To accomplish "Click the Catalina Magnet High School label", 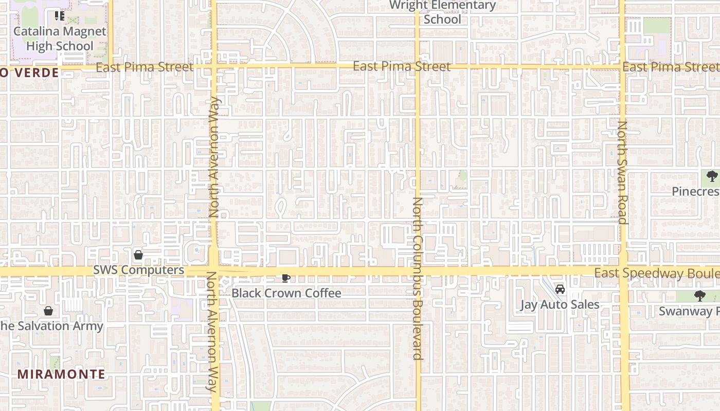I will pyautogui.click(x=59, y=39).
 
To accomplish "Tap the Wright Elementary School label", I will pyautogui.click(x=442, y=12).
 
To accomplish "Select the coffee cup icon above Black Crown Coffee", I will pyautogui.click(x=286, y=278).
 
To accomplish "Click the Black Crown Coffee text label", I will pyautogui.click(x=286, y=293).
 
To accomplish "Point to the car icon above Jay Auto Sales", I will pyautogui.click(x=560, y=290).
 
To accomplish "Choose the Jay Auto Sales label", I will pyautogui.click(x=560, y=304).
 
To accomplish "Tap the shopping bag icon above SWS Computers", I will pyautogui.click(x=138, y=255).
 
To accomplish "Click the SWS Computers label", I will pyautogui.click(x=138, y=270).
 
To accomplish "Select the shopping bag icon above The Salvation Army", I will pyautogui.click(x=48, y=311).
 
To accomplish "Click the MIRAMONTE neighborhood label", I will pyautogui.click(x=61, y=374).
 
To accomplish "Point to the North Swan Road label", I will pyautogui.click(x=622, y=172).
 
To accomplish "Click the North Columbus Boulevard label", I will pyautogui.click(x=417, y=278).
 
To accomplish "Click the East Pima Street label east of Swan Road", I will pyautogui.click(x=670, y=67).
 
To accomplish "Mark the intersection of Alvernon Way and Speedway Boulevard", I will pyautogui.click(x=214, y=271).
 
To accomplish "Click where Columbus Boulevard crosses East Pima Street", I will pyautogui.click(x=417, y=66).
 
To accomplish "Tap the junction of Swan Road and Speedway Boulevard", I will pyautogui.click(x=623, y=271).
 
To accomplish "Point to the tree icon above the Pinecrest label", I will pyautogui.click(x=712, y=177).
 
